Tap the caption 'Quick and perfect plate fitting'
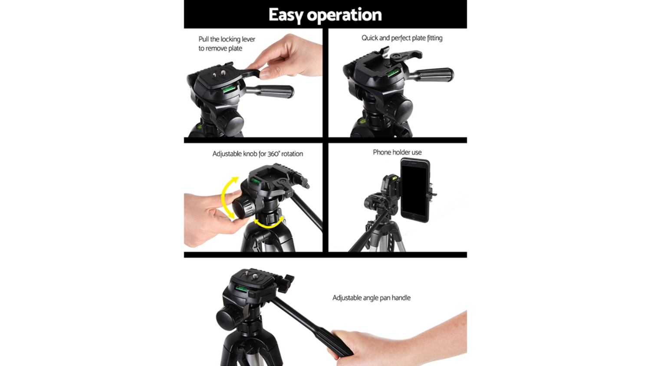[x=402, y=38]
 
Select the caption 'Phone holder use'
[x=397, y=152]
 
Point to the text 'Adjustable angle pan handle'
[x=372, y=298]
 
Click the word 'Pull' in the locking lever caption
[x=204, y=39]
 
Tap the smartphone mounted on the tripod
[x=415, y=190]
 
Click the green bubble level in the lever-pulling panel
[x=229, y=88]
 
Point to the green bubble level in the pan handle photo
[x=241, y=288]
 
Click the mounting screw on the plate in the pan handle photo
[x=255, y=276]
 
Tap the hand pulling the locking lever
[x=288, y=58]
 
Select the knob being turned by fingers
[x=243, y=207]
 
